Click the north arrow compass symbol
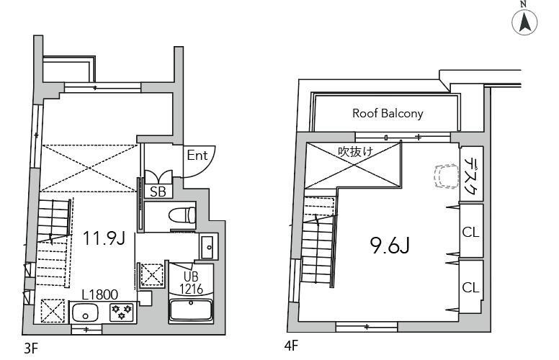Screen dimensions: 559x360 (524, 22)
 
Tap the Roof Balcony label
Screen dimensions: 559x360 (388, 113)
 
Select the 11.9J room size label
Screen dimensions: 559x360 (104, 238)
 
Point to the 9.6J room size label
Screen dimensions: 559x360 (389, 246)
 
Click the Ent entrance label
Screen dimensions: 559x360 (197, 155)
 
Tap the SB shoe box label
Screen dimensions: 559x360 (158, 192)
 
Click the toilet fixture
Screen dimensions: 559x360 (182, 215)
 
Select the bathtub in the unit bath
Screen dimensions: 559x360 (191, 310)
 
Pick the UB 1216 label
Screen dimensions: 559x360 (191, 283)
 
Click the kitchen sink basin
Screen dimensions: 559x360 (85, 312)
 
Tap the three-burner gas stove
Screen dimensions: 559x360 (122, 312)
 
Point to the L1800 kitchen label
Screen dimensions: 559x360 (100, 294)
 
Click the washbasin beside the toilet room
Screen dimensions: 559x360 (209, 247)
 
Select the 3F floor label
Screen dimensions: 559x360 (31, 348)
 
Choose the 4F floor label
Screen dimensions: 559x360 (291, 346)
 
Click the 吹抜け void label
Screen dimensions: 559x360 (355, 152)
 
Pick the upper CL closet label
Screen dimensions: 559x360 (470, 233)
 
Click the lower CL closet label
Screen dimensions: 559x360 (470, 287)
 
